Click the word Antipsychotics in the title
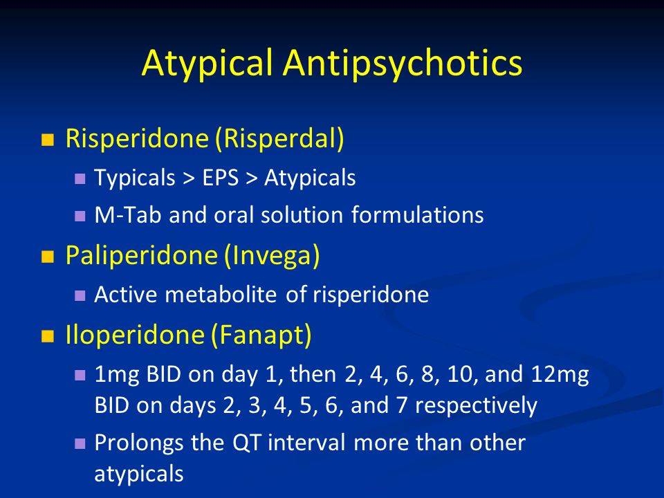click(403, 63)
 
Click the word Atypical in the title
click(207, 63)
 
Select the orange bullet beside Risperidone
click(48, 140)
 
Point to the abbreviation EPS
click(220, 178)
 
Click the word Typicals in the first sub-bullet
click(135, 178)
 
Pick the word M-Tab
click(128, 214)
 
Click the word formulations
click(418, 214)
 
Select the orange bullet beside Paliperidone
click(48, 257)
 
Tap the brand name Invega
click(271, 256)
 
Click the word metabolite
click(221, 295)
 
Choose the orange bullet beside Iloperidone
click(48, 336)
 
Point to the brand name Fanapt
click(261, 336)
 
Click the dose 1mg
click(116, 375)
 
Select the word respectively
click(476, 406)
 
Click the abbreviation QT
click(246, 443)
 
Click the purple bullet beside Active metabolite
click(80, 295)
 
